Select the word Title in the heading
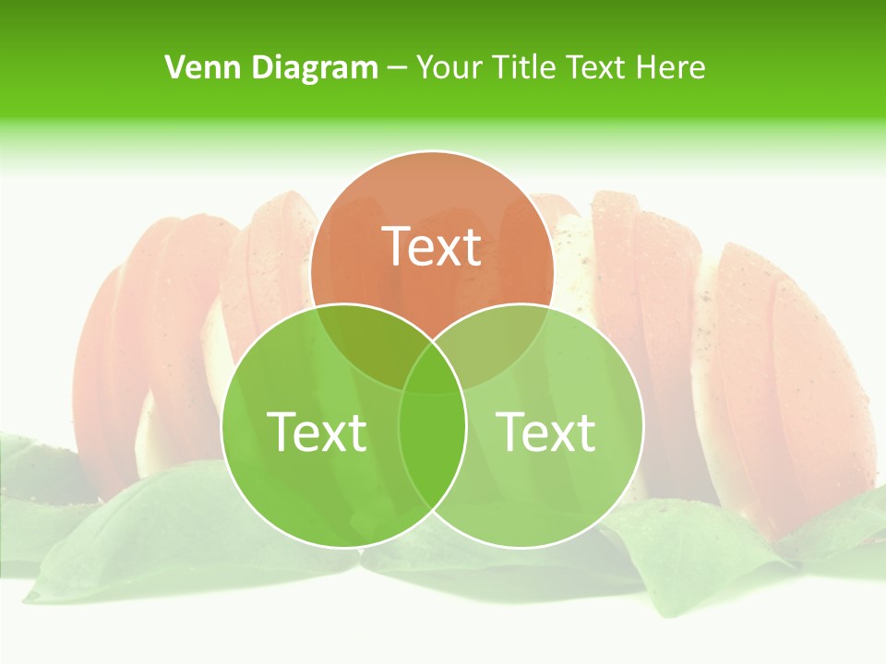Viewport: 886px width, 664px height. pyautogui.click(x=526, y=67)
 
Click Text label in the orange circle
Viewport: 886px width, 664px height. pyautogui.click(x=432, y=246)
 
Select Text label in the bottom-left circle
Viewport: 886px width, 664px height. pyautogui.click(x=317, y=431)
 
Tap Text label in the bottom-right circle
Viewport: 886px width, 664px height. pyautogui.click(x=546, y=431)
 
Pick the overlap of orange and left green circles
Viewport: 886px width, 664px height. pyautogui.click(x=365, y=341)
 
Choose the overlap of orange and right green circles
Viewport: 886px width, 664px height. pyautogui.click(x=499, y=341)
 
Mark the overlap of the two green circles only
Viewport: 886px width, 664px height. pyautogui.click(x=432, y=452)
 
